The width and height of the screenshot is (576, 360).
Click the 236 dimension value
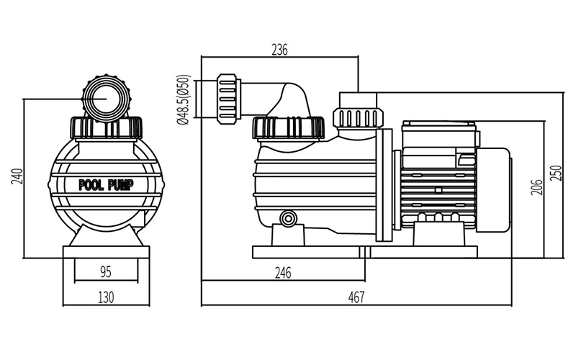(x=279, y=50)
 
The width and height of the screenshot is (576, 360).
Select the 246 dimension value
(x=283, y=273)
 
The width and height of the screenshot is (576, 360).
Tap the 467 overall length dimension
(x=356, y=297)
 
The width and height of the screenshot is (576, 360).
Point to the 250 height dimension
(x=557, y=173)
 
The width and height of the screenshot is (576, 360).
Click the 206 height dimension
(x=537, y=187)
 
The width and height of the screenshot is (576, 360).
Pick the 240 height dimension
(x=18, y=176)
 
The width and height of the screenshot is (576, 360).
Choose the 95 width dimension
(x=105, y=272)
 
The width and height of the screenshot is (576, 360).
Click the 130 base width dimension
(x=106, y=297)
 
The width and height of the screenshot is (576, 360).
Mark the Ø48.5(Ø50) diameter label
(x=184, y=99)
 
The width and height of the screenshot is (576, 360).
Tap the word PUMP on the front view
(x=120, y=185)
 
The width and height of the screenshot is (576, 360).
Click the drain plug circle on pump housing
(x=287, y=219)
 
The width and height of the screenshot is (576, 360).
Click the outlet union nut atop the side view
(x=358, y=117)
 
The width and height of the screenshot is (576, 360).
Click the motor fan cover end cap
(x=494, y=190)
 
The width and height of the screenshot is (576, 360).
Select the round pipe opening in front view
(x=106, y=99)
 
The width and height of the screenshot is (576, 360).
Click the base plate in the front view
(x=106, y=252)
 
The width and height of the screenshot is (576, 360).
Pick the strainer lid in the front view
(x=106, y=128)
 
